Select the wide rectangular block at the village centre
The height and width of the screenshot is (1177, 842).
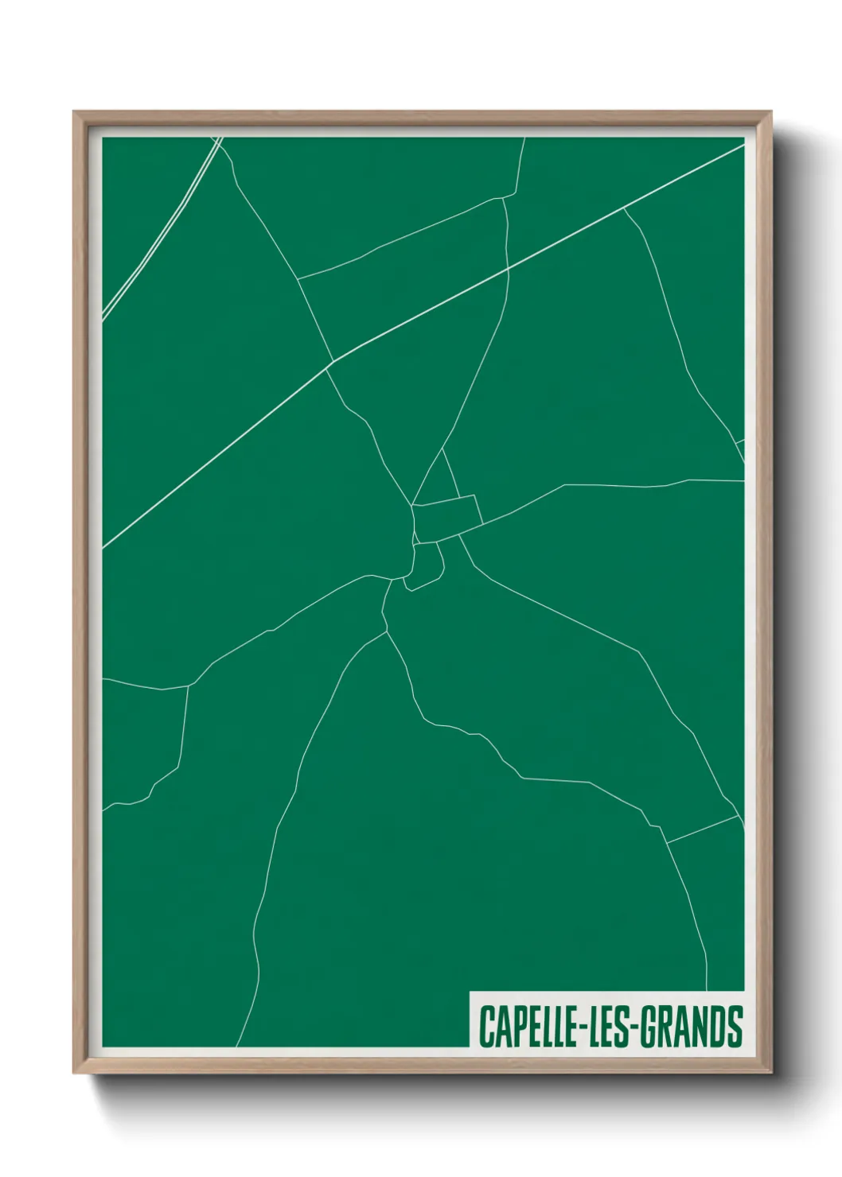tap(447, 518)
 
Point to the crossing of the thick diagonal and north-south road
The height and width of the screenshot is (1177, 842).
tap(508, 270)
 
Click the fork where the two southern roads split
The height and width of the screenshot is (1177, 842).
tap(387, 632)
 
